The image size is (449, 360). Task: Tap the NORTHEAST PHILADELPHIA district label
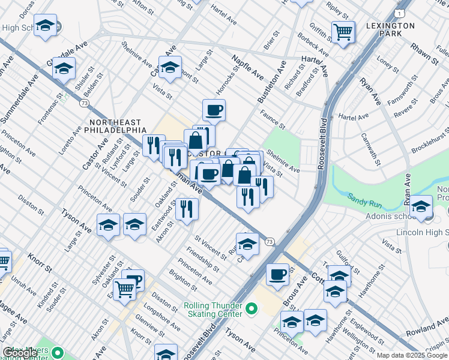pos(118,125)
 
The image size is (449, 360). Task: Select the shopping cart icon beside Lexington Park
pos(343,32)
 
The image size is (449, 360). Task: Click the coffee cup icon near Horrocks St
pos(214,110)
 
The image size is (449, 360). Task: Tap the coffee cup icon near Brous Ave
pos(277,274)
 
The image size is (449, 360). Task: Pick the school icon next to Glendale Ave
pos(64,69)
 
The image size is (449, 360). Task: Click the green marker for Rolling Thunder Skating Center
pos(251,310)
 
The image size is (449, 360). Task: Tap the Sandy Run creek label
pos(363,197)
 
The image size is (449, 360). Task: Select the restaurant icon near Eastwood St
pos(187,209)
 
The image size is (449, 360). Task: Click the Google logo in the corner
pos(20,353)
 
